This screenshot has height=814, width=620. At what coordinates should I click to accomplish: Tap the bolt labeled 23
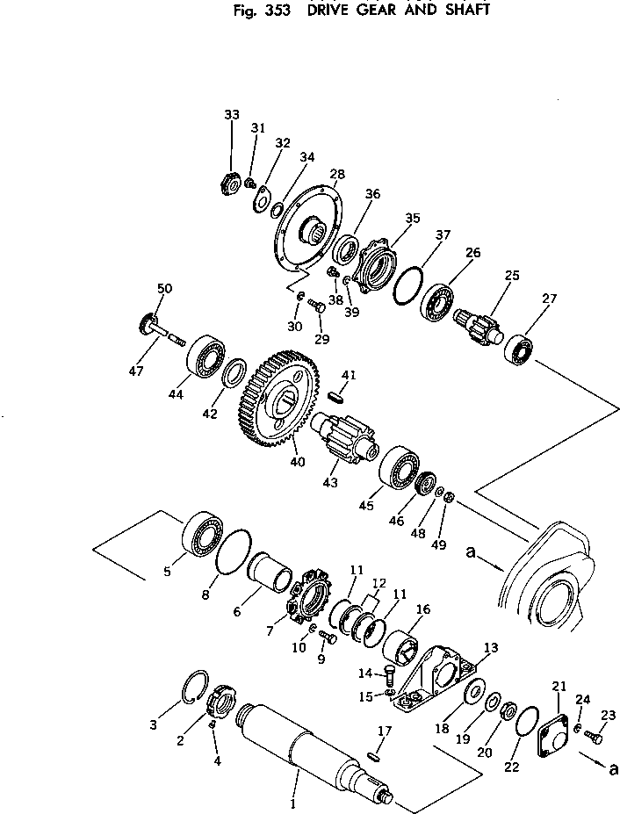(x=595, y=735)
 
